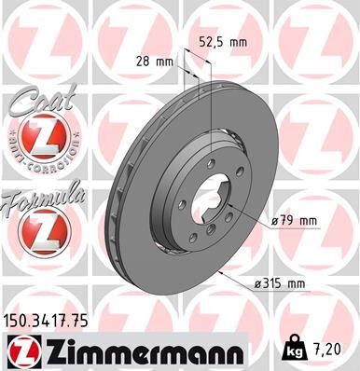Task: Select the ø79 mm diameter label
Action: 294,220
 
